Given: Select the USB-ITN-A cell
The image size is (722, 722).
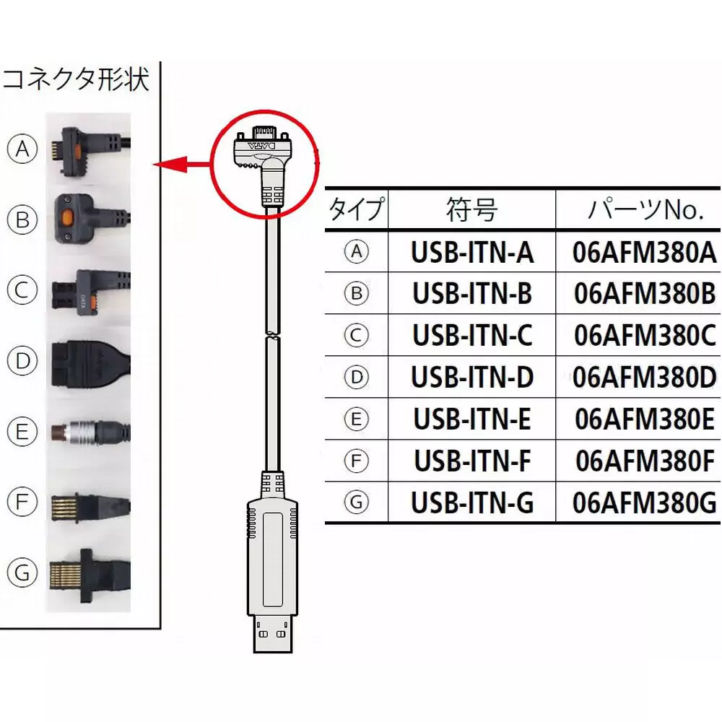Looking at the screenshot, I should (x=472, y=253).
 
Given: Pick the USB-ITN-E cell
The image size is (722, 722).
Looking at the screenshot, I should (x=472, y=419).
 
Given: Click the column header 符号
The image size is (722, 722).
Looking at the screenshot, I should (x=471, y=211).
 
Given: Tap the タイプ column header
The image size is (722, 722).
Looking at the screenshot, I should (x=357, y=211).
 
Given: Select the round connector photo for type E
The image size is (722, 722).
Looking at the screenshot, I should (x=90, y=432).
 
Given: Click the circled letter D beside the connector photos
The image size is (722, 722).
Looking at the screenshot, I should (x=22, y=360).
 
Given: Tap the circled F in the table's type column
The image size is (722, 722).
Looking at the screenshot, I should (x=356, y=461).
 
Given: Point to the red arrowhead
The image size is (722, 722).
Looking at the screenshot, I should (x=168, y=166).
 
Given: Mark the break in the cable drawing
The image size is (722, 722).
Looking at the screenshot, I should (x=272, y=334).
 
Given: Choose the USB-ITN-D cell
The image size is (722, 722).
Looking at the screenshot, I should (x=472, y=378).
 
